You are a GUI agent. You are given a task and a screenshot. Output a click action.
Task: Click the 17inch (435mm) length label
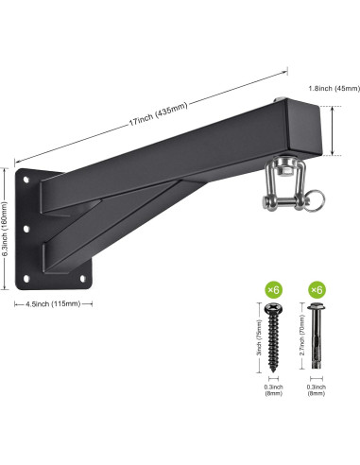point(159,113)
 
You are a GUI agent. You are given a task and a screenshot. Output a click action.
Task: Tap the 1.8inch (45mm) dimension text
point(334,89)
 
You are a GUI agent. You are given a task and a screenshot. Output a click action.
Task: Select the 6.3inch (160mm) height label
point(4,230)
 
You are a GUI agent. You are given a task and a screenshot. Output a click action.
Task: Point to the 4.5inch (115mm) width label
point(53,304)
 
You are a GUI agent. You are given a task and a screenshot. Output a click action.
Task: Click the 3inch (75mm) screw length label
point(259,337)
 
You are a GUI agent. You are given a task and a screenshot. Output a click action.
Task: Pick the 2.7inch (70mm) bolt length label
point(301,336)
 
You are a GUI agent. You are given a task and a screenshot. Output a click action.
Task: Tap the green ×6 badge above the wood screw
point(273,290)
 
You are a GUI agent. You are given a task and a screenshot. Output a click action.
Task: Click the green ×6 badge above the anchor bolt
point(317,290)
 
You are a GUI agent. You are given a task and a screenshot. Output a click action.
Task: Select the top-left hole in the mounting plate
point(26,180)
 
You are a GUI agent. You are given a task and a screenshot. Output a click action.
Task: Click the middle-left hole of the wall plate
point(26,229)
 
